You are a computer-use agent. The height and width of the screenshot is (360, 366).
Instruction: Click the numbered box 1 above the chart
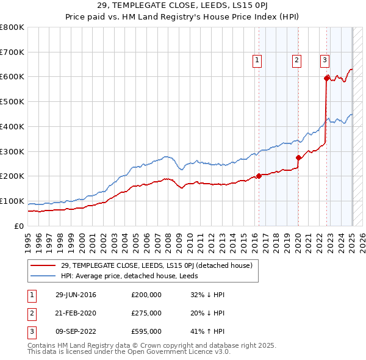[x=257, y=60]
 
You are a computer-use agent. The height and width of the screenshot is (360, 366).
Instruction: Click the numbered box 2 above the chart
[x=296, y=60]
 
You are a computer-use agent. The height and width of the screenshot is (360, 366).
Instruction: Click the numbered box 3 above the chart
[x=325, y=60]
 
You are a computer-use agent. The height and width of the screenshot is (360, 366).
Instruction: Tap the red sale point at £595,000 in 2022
[x=327, y=77]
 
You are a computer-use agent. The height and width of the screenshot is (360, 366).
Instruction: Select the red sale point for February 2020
[x=298, y=157]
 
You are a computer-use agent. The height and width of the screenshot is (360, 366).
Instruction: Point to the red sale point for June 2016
[x=259, y=176]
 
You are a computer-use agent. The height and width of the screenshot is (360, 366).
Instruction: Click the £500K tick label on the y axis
[x=12, y=101]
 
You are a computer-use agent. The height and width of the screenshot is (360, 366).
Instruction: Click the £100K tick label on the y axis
[x=12, y=201]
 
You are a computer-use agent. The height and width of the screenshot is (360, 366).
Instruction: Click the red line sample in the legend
[x=43, y=265]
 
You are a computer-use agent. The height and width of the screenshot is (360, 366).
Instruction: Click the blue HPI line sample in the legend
[x=43, y=276]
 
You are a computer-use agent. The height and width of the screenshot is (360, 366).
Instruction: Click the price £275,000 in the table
[x=146, y=313]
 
